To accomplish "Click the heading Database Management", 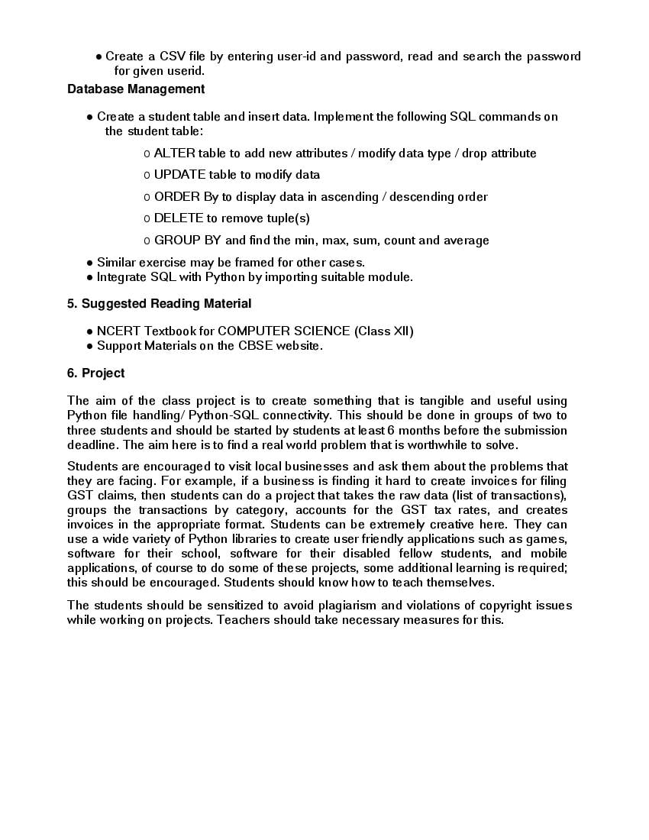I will pyautogui.click(x=136, y=89).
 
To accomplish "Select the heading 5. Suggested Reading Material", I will pyautogui.click(x=159, y=304).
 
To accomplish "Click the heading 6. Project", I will pyautogui.click(x=95, y=373).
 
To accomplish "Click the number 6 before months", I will pyautogui.click(x=390, y=430).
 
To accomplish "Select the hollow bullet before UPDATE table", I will pyautogui.click(x=147, y=176).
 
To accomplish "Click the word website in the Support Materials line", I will pyautogui.click(x=299, y=346).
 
